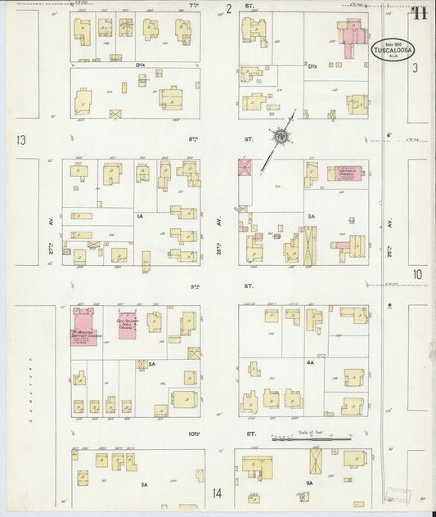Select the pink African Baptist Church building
click(84, 326)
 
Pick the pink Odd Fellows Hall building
click(127, 326)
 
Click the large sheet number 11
click(419, 12)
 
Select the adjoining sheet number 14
click(217, 493)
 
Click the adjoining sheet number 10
click(417, 274)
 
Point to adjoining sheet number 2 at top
click(230, 9)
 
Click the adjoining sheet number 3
click(415, 68)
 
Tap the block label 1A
click(140, 216)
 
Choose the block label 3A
click(311, 217)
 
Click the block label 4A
click(310, 362)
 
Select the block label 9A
click(310, 483)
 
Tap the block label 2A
click(144, 484)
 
